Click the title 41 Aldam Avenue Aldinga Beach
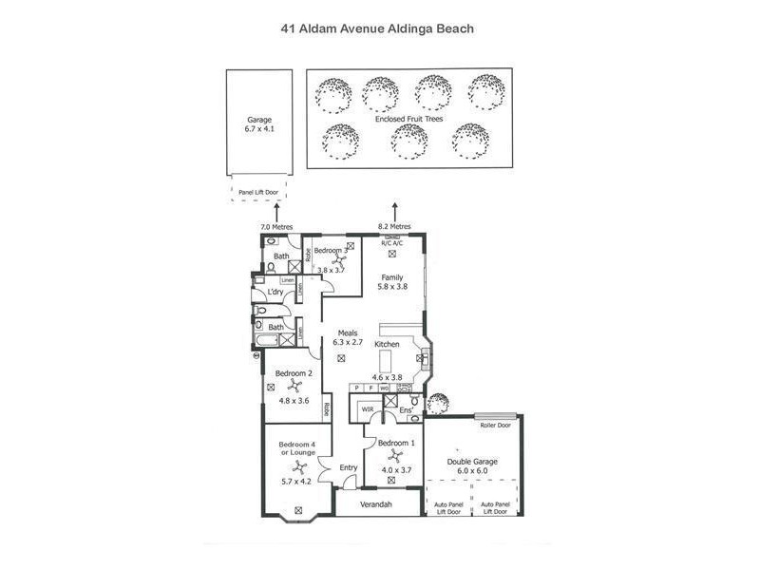click(377, 28)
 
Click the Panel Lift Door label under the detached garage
click(258, 192)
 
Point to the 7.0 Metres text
click(276, 226)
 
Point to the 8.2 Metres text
click(394, 226)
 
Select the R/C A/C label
click(392, 243)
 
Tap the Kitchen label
click(387, 344)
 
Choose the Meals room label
click(348, 332)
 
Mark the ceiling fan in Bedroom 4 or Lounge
click(297, 467)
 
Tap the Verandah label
click(377, 503)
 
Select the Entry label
click(348, 467)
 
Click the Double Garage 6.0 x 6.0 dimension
click(473, 472)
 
